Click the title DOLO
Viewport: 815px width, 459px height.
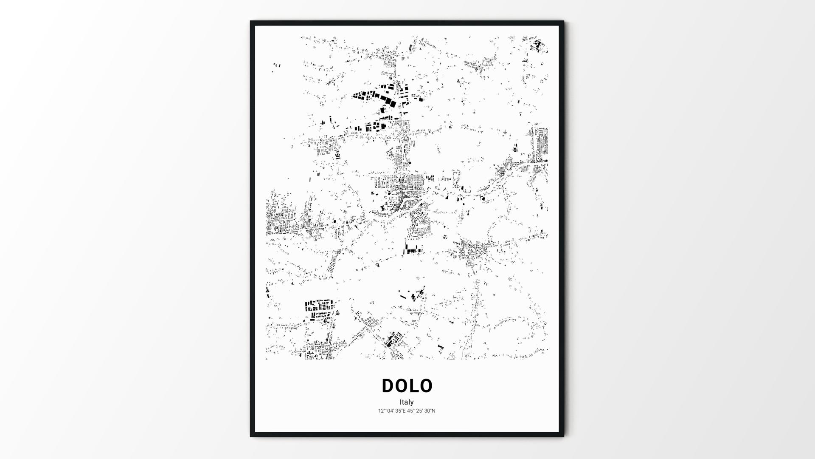[x=407, y=386]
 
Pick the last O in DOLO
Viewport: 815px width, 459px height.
[x=426, y=386]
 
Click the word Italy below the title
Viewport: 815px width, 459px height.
[x=406, y=402]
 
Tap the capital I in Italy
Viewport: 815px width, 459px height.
[x=400, y=402]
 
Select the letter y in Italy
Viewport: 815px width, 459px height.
[x=412, y=403]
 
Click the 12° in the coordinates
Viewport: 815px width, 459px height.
[x=382, y=411]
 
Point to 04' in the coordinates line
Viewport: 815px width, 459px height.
[x=391, y=411]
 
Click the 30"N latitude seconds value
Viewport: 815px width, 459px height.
[x=430, y=411]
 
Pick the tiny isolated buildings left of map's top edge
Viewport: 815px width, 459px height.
[x=277, y=66]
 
